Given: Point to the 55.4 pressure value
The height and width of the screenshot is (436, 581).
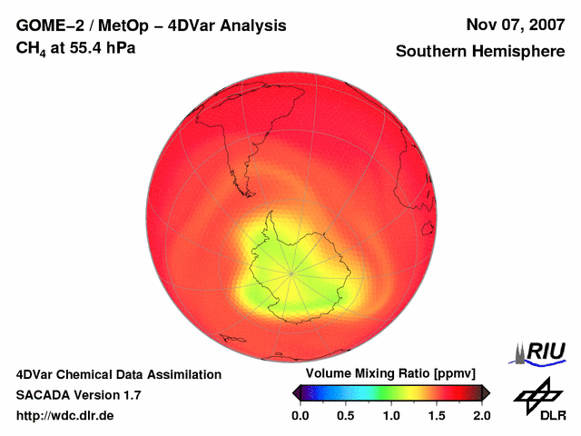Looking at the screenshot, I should coord(86,46).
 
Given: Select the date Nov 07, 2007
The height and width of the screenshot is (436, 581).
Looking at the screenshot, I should coord(516,25).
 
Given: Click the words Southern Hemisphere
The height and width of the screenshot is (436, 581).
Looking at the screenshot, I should coord(480,52).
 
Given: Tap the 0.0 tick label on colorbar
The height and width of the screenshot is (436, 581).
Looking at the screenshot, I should coord(300,415).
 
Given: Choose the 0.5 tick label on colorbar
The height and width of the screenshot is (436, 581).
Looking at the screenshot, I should coord(346,415).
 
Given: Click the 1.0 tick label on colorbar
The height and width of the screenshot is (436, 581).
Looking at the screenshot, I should coord(391,415).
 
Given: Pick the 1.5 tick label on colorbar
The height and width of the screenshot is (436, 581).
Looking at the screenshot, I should coord(437,415).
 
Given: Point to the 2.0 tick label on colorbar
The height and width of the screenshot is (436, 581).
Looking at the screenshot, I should coord(482,415).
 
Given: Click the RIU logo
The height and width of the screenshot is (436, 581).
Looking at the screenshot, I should coord(541,352).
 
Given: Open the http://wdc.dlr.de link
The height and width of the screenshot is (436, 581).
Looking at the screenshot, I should coord(65,415).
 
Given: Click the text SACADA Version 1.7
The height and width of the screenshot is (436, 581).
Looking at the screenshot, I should coord(78,395).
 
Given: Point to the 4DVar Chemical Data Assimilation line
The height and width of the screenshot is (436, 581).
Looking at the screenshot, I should coord(119,374).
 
